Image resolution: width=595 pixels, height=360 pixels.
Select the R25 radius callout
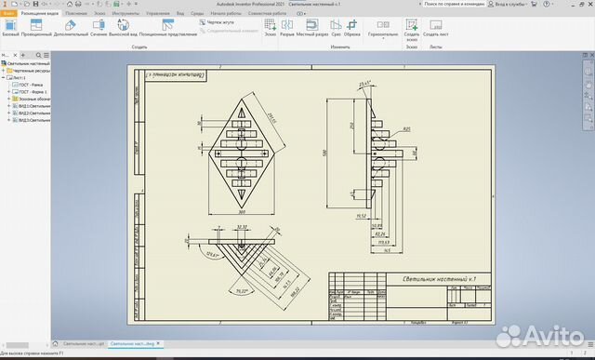(406, 129)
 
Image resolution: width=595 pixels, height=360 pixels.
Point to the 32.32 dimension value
(243, 227)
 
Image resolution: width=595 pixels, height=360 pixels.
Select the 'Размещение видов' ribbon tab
(40, 15)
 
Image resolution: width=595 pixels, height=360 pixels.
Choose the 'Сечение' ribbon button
(99, 33)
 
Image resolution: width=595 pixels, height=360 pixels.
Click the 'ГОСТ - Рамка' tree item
(33, 84)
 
